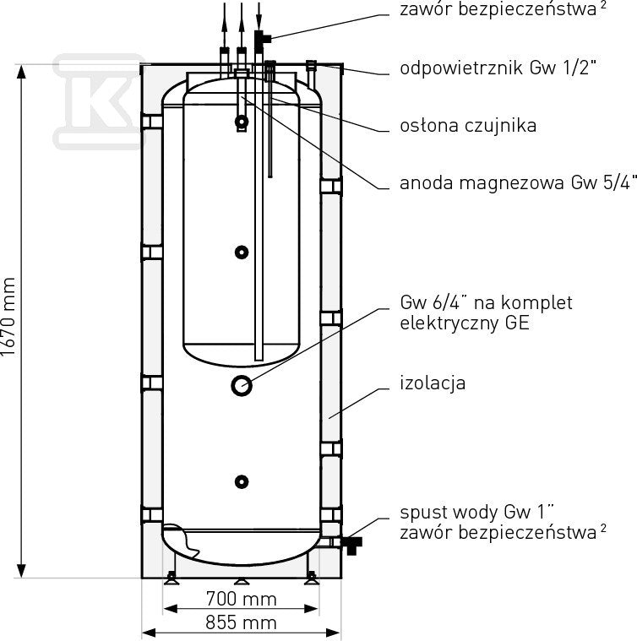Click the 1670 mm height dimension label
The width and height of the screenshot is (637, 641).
[8, 317]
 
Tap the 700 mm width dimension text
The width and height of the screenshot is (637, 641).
[242, 600]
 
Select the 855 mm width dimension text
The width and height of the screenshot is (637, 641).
[242, 623]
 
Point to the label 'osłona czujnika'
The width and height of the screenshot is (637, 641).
[468, 126]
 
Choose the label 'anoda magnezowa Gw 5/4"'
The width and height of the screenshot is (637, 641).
[518, 182]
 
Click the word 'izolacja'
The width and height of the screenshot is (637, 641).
[433, 383]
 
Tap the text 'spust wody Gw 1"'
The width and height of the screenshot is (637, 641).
[477, 512]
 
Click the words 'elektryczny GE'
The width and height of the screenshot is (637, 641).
[465, 323]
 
